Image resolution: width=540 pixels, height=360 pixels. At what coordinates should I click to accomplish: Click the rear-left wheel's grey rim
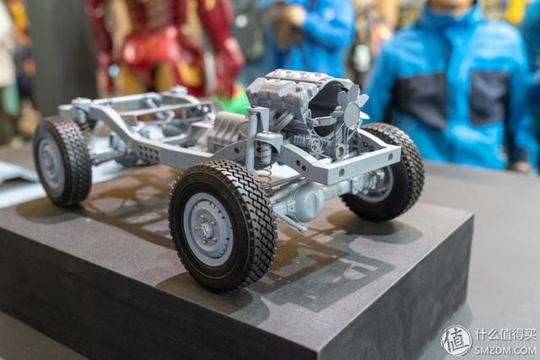coord(51,163)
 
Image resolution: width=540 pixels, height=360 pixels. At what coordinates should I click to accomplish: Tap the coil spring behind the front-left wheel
coord(266,174)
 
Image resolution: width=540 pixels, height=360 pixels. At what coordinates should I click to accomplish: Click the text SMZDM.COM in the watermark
coord(505,350)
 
